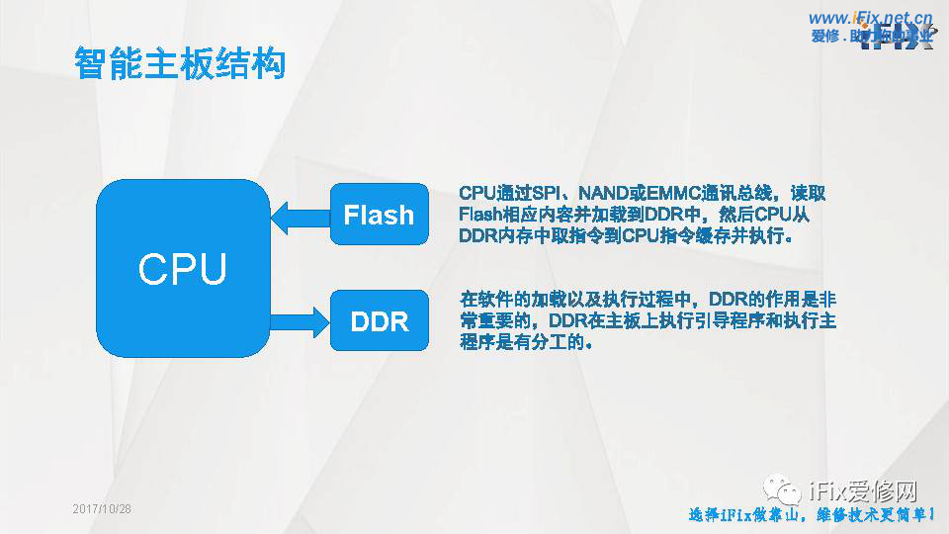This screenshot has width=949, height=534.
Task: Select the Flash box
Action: coord(379,215)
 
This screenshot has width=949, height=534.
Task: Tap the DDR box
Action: coord(379,321)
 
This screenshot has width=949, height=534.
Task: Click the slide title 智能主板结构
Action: coord(180,62)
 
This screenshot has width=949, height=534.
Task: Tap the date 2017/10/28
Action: coord(102,508)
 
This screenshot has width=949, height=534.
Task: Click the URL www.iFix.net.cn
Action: coord(870,17)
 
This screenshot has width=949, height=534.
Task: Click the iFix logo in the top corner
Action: coord(895,42)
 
